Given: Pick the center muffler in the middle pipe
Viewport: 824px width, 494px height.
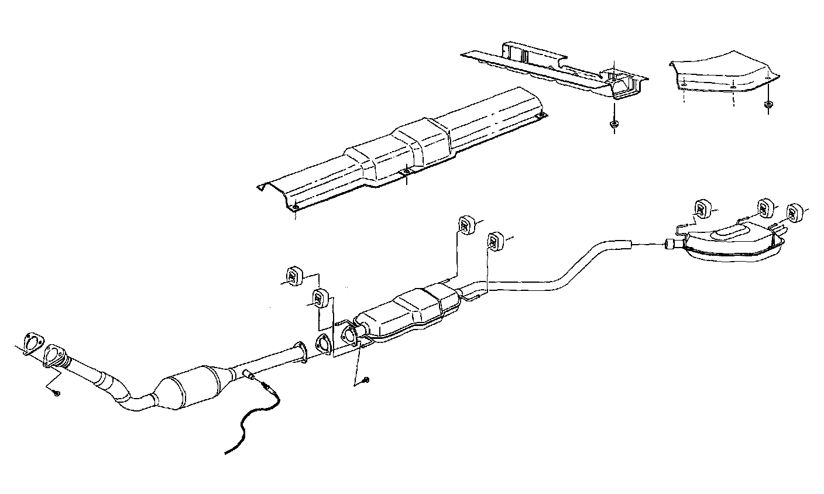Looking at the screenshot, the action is pyautogui.click(x=410, y=310).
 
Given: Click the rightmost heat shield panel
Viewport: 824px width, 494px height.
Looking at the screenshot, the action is pyautogui.click(x=723, y=73).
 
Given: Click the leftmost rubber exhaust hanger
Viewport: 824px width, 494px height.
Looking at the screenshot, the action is pyautogui.click(x=293, y=275).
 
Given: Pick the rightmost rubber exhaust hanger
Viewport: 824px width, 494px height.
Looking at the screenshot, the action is pyautogui.click(x=794, y=212).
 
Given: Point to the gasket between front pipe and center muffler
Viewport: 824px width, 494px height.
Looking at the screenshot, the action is pyautogui.click(x=322, y=343).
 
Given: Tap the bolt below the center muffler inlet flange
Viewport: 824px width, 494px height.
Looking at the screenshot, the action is pyautogui.click(x=365, y=380).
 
